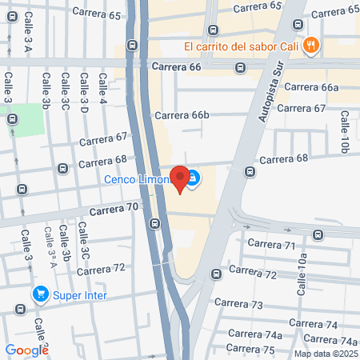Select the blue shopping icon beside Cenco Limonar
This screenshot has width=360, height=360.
194,178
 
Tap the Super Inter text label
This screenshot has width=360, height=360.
80,294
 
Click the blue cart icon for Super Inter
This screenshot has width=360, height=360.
39,294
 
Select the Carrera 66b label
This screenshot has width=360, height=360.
182,115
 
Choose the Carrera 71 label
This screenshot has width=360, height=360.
272,244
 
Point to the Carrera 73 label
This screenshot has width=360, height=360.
246,305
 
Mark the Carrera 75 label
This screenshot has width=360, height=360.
250,348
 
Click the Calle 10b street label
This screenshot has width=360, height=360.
345,132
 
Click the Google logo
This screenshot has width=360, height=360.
27,350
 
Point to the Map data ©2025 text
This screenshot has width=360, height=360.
325,354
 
